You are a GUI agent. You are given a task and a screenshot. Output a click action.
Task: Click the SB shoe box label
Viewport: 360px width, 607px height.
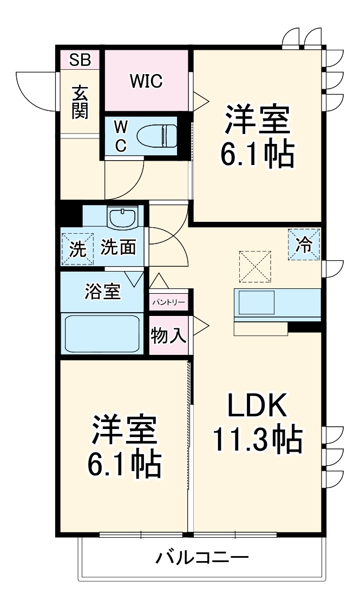tap(80, 59)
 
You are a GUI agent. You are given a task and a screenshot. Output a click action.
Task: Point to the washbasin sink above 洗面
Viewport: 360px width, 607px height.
tap(123, 219)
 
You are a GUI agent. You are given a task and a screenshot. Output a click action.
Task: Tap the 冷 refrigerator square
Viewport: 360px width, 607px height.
tap(304, 245)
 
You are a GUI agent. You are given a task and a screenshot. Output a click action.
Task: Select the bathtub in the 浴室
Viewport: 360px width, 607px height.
tap(102, 333)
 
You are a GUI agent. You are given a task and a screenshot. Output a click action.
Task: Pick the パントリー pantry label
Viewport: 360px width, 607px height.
tap(168, 303)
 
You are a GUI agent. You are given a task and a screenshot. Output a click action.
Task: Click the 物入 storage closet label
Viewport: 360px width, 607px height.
tap(168, 336)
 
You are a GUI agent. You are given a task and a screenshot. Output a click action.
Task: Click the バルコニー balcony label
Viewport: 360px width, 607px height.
tap(202, 557)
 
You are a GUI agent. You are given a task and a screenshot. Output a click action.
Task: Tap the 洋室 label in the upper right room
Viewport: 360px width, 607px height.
tap(257, 121)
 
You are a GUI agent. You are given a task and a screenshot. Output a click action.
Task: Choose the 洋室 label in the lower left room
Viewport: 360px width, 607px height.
tap(125, 431)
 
